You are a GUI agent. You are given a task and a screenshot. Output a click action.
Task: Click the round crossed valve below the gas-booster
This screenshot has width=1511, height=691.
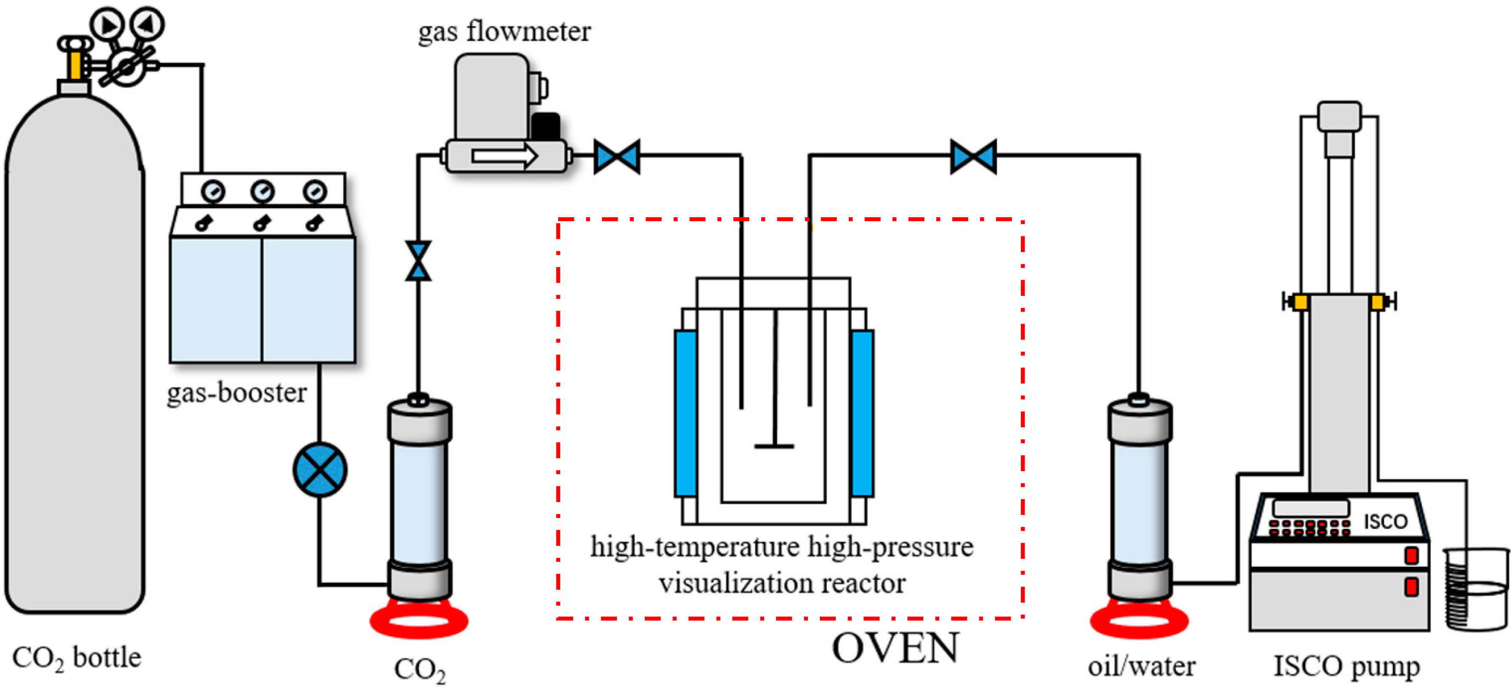pos(320,470)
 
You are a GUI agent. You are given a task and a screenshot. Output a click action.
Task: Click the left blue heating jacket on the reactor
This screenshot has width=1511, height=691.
pos(685,413)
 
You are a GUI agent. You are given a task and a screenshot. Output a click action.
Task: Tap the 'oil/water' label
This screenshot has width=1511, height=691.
pos(1141,666)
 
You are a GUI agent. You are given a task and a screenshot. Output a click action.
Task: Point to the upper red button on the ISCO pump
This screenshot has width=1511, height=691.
pos(1411,555)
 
